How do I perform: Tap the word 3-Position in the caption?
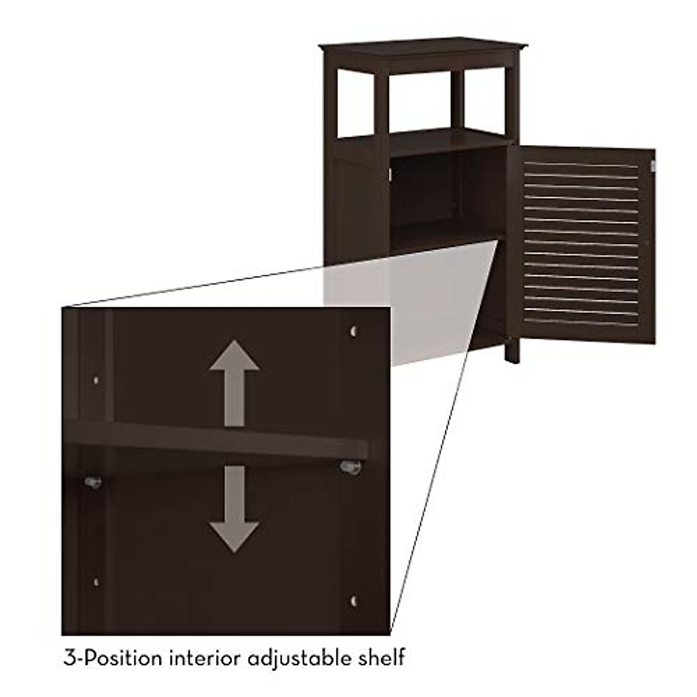[x=113, y=659]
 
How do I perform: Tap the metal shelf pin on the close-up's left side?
[x=92, y=482]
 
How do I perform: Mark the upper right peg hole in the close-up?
[x=353, y=332]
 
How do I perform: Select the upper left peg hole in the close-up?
[x=96, y=380]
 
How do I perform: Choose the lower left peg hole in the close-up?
[x=96, y=581]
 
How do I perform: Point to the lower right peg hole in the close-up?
[x=353, y=601]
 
